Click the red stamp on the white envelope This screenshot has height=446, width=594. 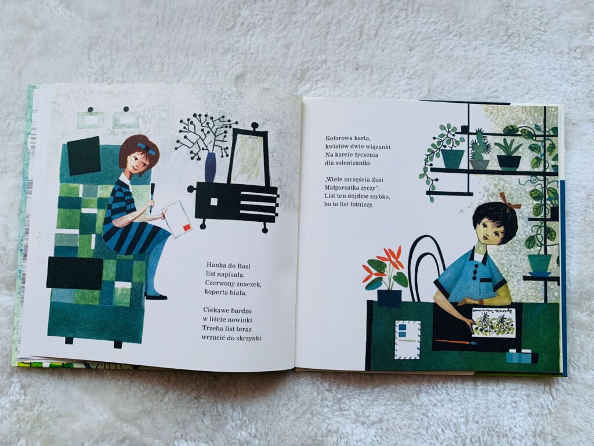click(187, 227)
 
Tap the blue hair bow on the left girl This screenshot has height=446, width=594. click(147, 148)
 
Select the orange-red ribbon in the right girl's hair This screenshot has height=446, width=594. click(509, 201)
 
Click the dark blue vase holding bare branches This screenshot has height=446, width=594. click(210, 167)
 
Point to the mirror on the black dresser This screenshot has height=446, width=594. click(248, 156)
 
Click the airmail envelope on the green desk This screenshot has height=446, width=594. click(408, 340)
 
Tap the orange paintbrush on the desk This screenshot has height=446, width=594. click(456, 342)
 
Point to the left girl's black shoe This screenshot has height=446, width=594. click(155, 297)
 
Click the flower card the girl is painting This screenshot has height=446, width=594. click(494, 322)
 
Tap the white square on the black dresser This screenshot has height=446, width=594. click(213, 202)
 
